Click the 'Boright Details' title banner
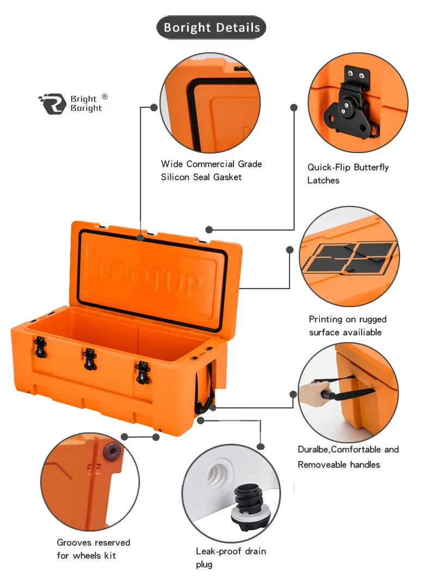tap(211, 28)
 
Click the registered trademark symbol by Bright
tap(105, 97)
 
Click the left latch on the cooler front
tap(39, 347)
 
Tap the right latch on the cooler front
tap(142, 373)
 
